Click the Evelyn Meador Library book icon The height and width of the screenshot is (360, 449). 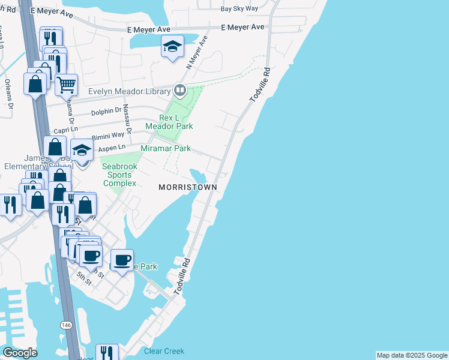pyautogui.click(x=179, y=91)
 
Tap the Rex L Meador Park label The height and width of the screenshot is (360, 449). pyautogui.click(x=169, y=122)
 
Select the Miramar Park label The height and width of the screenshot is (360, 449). pyautogui.click(x=165, y=148)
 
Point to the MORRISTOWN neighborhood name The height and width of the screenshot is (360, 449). pyautogui.click(x=187, y=187)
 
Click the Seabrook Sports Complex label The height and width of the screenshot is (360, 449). pyautogui.click(x=119, y=175)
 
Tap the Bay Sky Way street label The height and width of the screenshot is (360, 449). pyautogui.click(x=239, y=9)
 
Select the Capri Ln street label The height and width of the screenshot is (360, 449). pyautogui.click(x=66, y=129)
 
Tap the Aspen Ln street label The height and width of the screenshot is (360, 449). pyautogui.click(x=112, y=148)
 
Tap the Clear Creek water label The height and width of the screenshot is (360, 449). pyautogui.click(x=164, y=351)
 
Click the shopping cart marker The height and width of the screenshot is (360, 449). pyautogui.click(x=66, y=84)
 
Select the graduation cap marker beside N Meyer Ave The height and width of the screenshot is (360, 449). pyautogui.click(x=172, y=46)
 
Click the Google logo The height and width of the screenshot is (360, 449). pyautogui.click(x=20, y=353)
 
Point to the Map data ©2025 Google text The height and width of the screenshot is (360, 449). pyautogui.click(x=412, y=355)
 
